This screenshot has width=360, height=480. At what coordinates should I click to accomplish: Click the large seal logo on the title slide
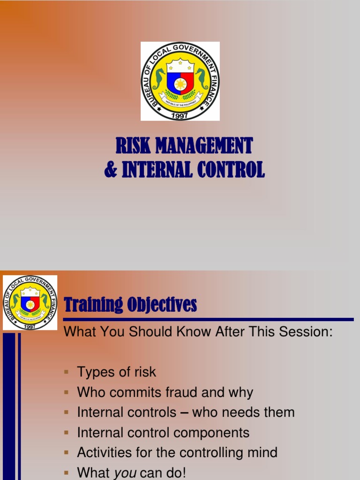coord(180,81)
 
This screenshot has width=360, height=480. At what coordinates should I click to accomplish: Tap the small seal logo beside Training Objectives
coord(30,302)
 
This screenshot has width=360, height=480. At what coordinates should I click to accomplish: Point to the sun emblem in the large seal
coord(180,85)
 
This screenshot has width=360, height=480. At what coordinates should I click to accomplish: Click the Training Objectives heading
coord(130,305)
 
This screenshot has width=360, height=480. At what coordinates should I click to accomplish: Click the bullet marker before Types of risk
coord(67,372)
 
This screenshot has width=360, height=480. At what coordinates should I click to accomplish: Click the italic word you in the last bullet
coord(125,472)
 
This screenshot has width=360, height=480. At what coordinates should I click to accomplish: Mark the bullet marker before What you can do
coord(67,472)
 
